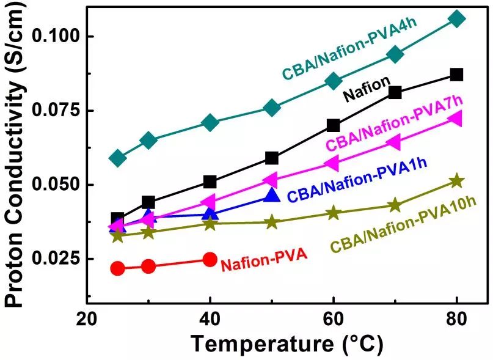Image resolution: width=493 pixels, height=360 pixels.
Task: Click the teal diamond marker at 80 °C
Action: coord(456,19)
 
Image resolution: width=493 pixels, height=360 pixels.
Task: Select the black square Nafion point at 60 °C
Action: coord(333,125)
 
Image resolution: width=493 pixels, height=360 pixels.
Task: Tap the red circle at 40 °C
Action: coord(210,259)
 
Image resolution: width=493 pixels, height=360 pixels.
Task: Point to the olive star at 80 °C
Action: coord(456,181)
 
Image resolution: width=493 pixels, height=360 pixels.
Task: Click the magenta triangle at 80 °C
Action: coord(455,119)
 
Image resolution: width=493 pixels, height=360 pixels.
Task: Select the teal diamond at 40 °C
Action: coord(210,123)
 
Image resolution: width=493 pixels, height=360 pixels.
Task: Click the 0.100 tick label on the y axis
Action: coord(56,36)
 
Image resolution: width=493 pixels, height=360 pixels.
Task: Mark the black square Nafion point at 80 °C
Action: coord(456,75)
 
